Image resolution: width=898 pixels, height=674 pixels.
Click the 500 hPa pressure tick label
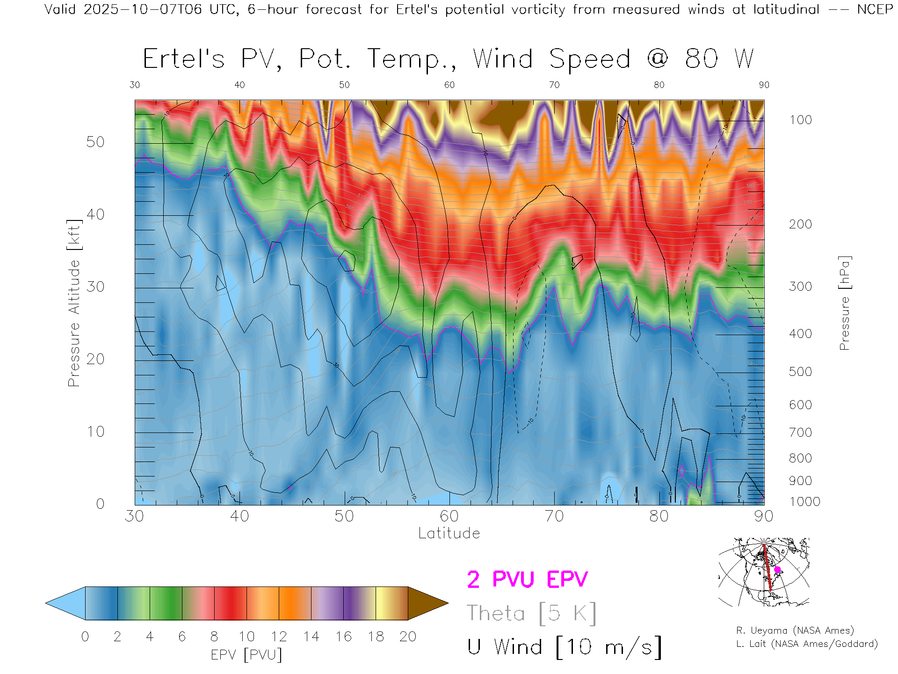pos(800,372)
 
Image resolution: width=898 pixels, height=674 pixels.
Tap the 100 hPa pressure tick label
pos(800,120)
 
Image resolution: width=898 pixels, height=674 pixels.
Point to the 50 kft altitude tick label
pos(95,142)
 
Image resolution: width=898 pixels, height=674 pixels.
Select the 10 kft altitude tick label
pos(95,432)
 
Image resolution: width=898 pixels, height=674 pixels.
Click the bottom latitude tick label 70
pos(554,516)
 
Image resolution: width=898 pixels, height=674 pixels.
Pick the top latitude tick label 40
pos(239,85)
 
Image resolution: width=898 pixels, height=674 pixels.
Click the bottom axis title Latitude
pos(449,533)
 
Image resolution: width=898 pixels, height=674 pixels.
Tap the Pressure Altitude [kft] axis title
pos(74,303)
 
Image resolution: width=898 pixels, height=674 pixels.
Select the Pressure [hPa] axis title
pos(844,303)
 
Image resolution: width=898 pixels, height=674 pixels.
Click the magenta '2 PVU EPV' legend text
pos(527,579)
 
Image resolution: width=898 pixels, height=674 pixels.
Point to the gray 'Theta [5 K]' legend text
pos(531,613)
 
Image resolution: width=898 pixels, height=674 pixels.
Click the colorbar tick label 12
pos(279,637)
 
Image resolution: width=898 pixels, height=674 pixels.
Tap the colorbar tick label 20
pos(408,637)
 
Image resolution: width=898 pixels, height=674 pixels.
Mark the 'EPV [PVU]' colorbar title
pos(246,655)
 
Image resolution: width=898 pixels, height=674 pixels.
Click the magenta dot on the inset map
pos(777,570)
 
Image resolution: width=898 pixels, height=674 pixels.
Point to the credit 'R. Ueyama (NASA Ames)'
pos(795,630)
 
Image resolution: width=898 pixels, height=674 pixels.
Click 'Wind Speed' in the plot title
pos(551,59)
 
